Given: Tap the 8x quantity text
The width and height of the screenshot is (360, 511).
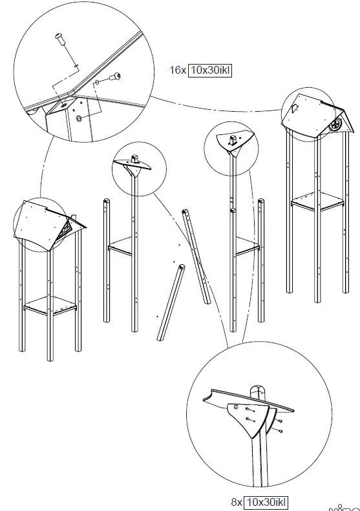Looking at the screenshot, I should [237, 501].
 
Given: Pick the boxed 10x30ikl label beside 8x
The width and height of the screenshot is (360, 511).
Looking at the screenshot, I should [267, 501].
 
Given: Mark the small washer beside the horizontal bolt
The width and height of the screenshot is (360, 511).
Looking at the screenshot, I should [98, 82].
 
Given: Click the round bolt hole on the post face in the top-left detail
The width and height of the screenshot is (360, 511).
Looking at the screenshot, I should [79, 120].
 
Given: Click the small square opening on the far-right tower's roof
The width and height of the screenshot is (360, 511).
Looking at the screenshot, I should [293, 109].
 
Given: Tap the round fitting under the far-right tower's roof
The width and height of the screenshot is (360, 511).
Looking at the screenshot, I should [335, 124].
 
